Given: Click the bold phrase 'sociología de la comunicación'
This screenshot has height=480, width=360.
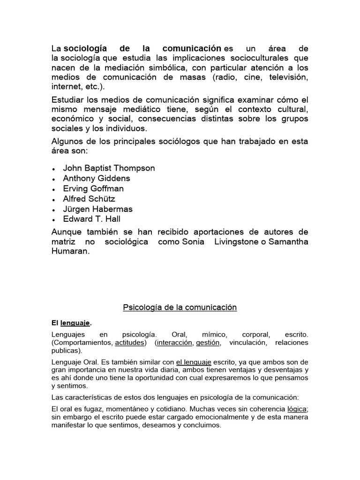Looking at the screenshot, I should click(x=142, y=49).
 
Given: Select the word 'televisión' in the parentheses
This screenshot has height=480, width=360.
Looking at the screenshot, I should click(x=288, y=77).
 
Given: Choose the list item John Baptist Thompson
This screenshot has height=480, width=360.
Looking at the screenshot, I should click(x=109, y=168).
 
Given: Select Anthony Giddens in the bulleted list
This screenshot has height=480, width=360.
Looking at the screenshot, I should click(x=97, y=178).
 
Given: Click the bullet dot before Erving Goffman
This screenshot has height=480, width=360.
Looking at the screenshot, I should click(x=55, y=189).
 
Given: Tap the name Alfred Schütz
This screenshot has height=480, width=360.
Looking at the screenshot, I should click(x=89, y=199).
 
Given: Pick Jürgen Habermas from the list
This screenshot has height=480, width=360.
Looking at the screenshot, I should click(x=98, y=209).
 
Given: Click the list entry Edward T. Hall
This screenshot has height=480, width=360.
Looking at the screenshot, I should click(x=92, y=219).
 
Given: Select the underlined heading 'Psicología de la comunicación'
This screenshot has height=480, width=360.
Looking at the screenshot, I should click(x=180, y=307).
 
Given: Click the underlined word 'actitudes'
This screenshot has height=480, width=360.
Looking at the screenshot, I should click(x=130, y=343).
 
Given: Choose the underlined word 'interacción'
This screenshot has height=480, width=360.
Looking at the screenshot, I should click(x=174, y=343).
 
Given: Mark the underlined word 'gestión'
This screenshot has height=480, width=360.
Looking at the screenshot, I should click(x=208, y=343).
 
